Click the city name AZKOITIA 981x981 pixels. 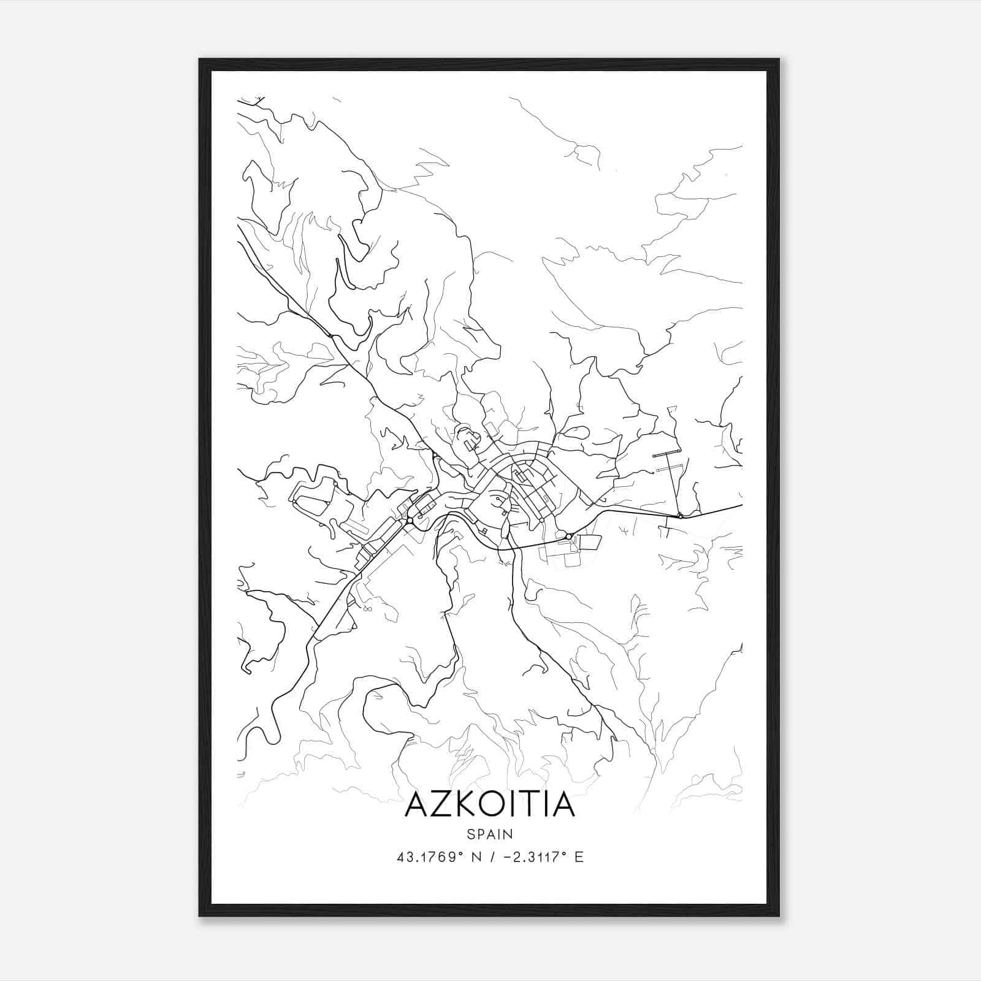pos(490,804)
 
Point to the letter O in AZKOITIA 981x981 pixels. pos(502,804)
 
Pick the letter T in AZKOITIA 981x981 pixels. pos(540,804)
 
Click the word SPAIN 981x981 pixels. pos(490,834)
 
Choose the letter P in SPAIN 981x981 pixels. pos(481,834)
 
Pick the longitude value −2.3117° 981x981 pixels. pos(533,857)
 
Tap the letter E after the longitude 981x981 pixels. pos(579,857)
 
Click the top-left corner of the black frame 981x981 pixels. pos(200,59)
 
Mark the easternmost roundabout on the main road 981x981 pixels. pos(681,516)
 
